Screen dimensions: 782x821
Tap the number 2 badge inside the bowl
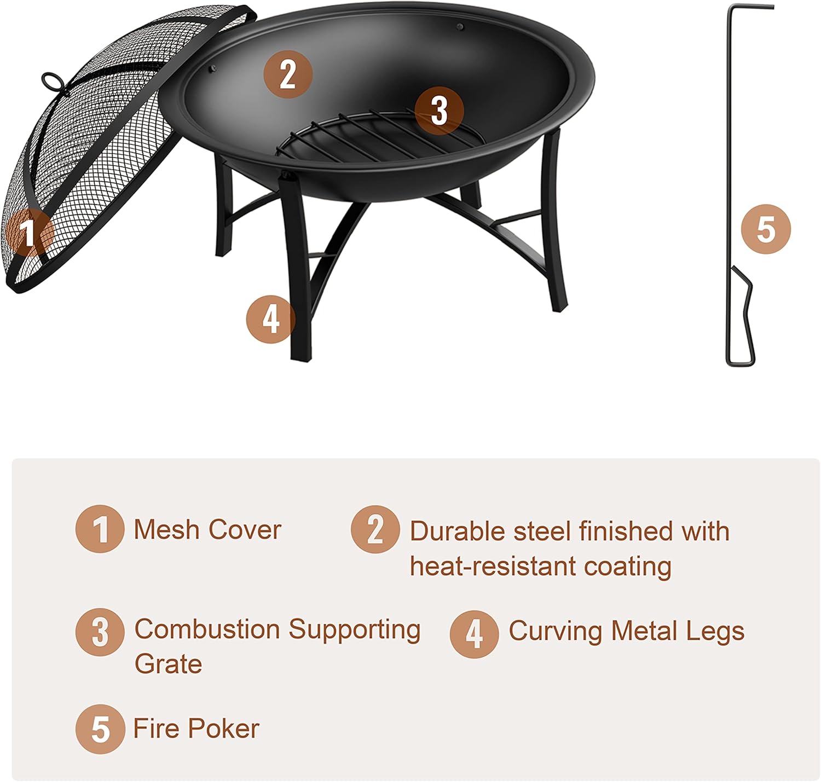click(x=288, y=74)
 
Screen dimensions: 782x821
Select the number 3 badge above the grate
click(x=439, y=111)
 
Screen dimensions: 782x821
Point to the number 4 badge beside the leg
click(x=270, y=318)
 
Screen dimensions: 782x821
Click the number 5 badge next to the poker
click(x=766, y=229)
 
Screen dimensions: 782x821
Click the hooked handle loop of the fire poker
click(x=740, y=317)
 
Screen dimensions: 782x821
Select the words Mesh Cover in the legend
click(x=207, y=530)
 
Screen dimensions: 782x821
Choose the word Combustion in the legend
click(x=208, y=629)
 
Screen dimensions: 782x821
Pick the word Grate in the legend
click(x=168, y=664)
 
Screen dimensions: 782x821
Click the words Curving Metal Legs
click(x=626, y=631)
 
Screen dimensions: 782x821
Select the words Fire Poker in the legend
click(x=196, y=728)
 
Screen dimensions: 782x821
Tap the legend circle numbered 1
click(x=100, y=529)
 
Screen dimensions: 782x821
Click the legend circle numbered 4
click(x=474, y=634)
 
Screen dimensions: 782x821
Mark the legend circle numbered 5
click(x=100, y=729)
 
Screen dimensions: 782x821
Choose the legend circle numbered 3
click(x=100, y=632)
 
